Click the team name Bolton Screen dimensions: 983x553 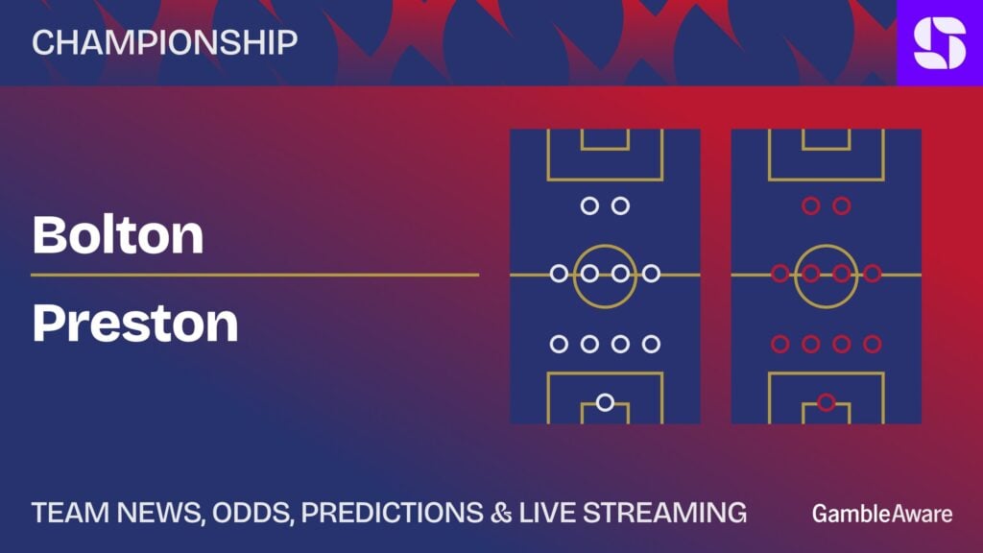[x=118, y=235]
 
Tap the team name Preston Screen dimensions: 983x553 [x=135, y=323]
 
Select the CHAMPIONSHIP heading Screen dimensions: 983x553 [x=165, y=42]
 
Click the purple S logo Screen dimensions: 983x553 [x=940, y=42]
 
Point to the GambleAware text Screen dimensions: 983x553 [x=882, y=515]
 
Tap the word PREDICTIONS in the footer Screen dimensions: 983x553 [x=393, y=513]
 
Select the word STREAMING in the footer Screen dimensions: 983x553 [x=665, y=513]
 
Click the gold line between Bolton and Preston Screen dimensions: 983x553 [x=255, y=275]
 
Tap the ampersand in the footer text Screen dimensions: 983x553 [x=501, y=513]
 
